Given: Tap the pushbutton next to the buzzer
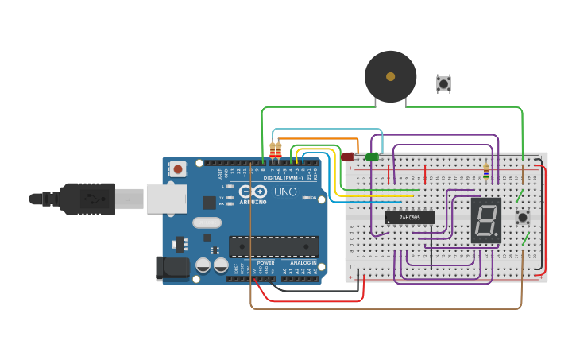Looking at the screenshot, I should [443, 83].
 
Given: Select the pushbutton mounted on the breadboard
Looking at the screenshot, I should [523, 217].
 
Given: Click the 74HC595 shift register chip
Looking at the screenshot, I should [410, 217].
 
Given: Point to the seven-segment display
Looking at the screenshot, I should [485, 220].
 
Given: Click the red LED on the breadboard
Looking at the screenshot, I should [347, 157].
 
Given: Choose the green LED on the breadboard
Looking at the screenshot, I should [372, 157].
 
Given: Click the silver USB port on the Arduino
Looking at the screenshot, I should [166, 199].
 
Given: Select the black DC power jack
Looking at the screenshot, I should [172, 269].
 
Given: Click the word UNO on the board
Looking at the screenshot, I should [285, 192].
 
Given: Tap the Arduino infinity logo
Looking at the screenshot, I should [253, 192].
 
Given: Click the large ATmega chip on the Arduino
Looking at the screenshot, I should [273, 246].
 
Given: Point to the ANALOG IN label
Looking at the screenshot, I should [303, 262].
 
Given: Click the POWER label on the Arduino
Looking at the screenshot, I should [265, 262].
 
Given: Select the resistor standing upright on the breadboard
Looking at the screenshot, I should [486, 172].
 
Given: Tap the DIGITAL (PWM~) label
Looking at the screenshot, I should [283, 178].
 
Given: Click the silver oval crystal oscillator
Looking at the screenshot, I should [207, 223].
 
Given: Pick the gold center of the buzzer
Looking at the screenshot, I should [390, 77].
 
